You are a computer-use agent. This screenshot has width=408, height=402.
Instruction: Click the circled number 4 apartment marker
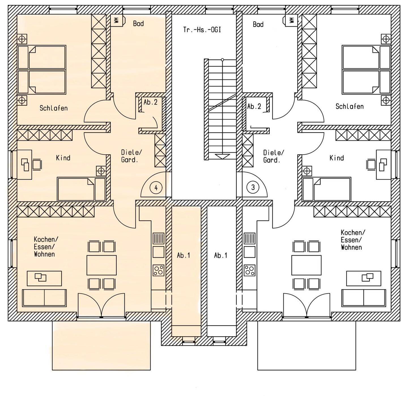pos(156,188)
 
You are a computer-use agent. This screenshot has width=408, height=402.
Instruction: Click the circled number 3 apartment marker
pos(253,188)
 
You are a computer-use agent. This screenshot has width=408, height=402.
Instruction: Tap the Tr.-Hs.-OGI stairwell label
pos(202,30)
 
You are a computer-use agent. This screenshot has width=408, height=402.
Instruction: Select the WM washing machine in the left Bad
pos(116,20)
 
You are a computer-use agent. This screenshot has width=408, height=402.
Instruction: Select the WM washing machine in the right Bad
pos(291,20)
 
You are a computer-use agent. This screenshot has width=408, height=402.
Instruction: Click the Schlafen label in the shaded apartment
pos(54,108)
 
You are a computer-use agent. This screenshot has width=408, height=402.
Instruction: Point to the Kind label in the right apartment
pos(337,158)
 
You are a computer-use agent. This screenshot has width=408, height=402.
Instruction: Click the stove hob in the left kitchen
pos(158,270)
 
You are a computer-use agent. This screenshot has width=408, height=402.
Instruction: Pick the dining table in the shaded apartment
pos(102,265)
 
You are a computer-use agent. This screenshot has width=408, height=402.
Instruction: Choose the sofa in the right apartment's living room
pos(364,298)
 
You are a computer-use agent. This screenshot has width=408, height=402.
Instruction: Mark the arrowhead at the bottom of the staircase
pos(222,156)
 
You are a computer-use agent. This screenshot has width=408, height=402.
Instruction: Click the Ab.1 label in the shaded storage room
pos(184,256)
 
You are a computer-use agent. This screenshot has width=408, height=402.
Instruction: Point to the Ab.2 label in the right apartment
pos(254,106)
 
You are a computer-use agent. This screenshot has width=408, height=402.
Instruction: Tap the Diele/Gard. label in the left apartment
pos(131,156)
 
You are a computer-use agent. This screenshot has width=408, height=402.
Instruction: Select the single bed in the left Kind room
pos(81,189)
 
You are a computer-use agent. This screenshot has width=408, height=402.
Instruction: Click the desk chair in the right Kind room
pos(371,165)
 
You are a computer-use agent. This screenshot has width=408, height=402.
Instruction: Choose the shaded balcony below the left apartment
pos(101,346)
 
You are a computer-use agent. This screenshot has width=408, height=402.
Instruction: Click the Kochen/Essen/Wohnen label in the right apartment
pos(353,240)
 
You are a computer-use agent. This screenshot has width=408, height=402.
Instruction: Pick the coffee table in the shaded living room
pos(44,278)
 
